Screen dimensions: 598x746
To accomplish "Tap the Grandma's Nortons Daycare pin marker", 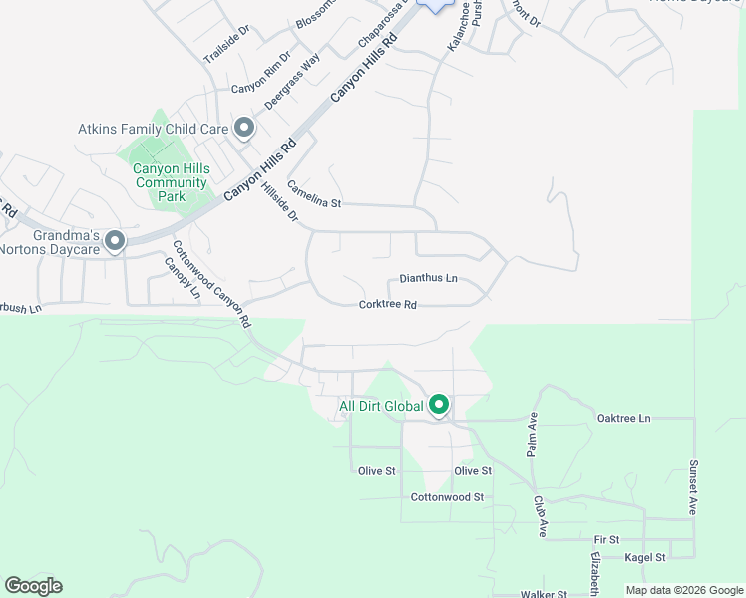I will click(115, 241).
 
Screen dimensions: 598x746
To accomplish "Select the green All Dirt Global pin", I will click(438, 405).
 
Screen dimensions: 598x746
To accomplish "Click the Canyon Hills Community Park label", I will click(172, 182).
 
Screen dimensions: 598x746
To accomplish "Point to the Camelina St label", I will click(314, 194).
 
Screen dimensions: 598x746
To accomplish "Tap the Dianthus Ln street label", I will click(428, 279).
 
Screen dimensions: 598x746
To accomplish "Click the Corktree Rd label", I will click(387, 305).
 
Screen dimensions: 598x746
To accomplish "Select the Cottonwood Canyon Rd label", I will click(210, 285).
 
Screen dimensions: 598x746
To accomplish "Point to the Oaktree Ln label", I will click(623, 418).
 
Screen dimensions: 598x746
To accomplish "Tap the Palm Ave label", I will click(533, 434).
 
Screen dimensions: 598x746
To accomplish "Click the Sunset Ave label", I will click(693, 487).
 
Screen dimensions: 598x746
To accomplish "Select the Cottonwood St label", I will click(447, 496).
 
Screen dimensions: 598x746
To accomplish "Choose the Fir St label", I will click(606, 539).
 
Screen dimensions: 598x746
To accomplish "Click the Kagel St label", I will click(646, 558).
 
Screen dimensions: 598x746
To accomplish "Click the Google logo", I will click(33, 586).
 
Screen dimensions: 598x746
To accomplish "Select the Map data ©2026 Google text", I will click(683, 590).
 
